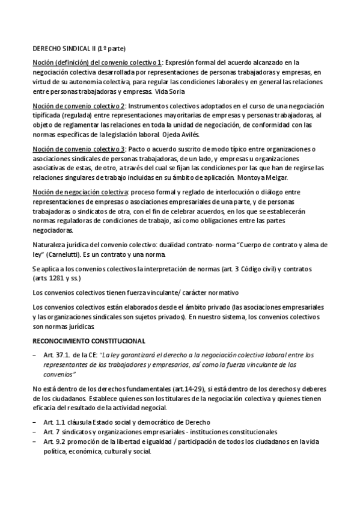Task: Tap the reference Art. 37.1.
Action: coord(58,355)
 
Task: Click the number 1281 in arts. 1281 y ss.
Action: coord(59,279)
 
